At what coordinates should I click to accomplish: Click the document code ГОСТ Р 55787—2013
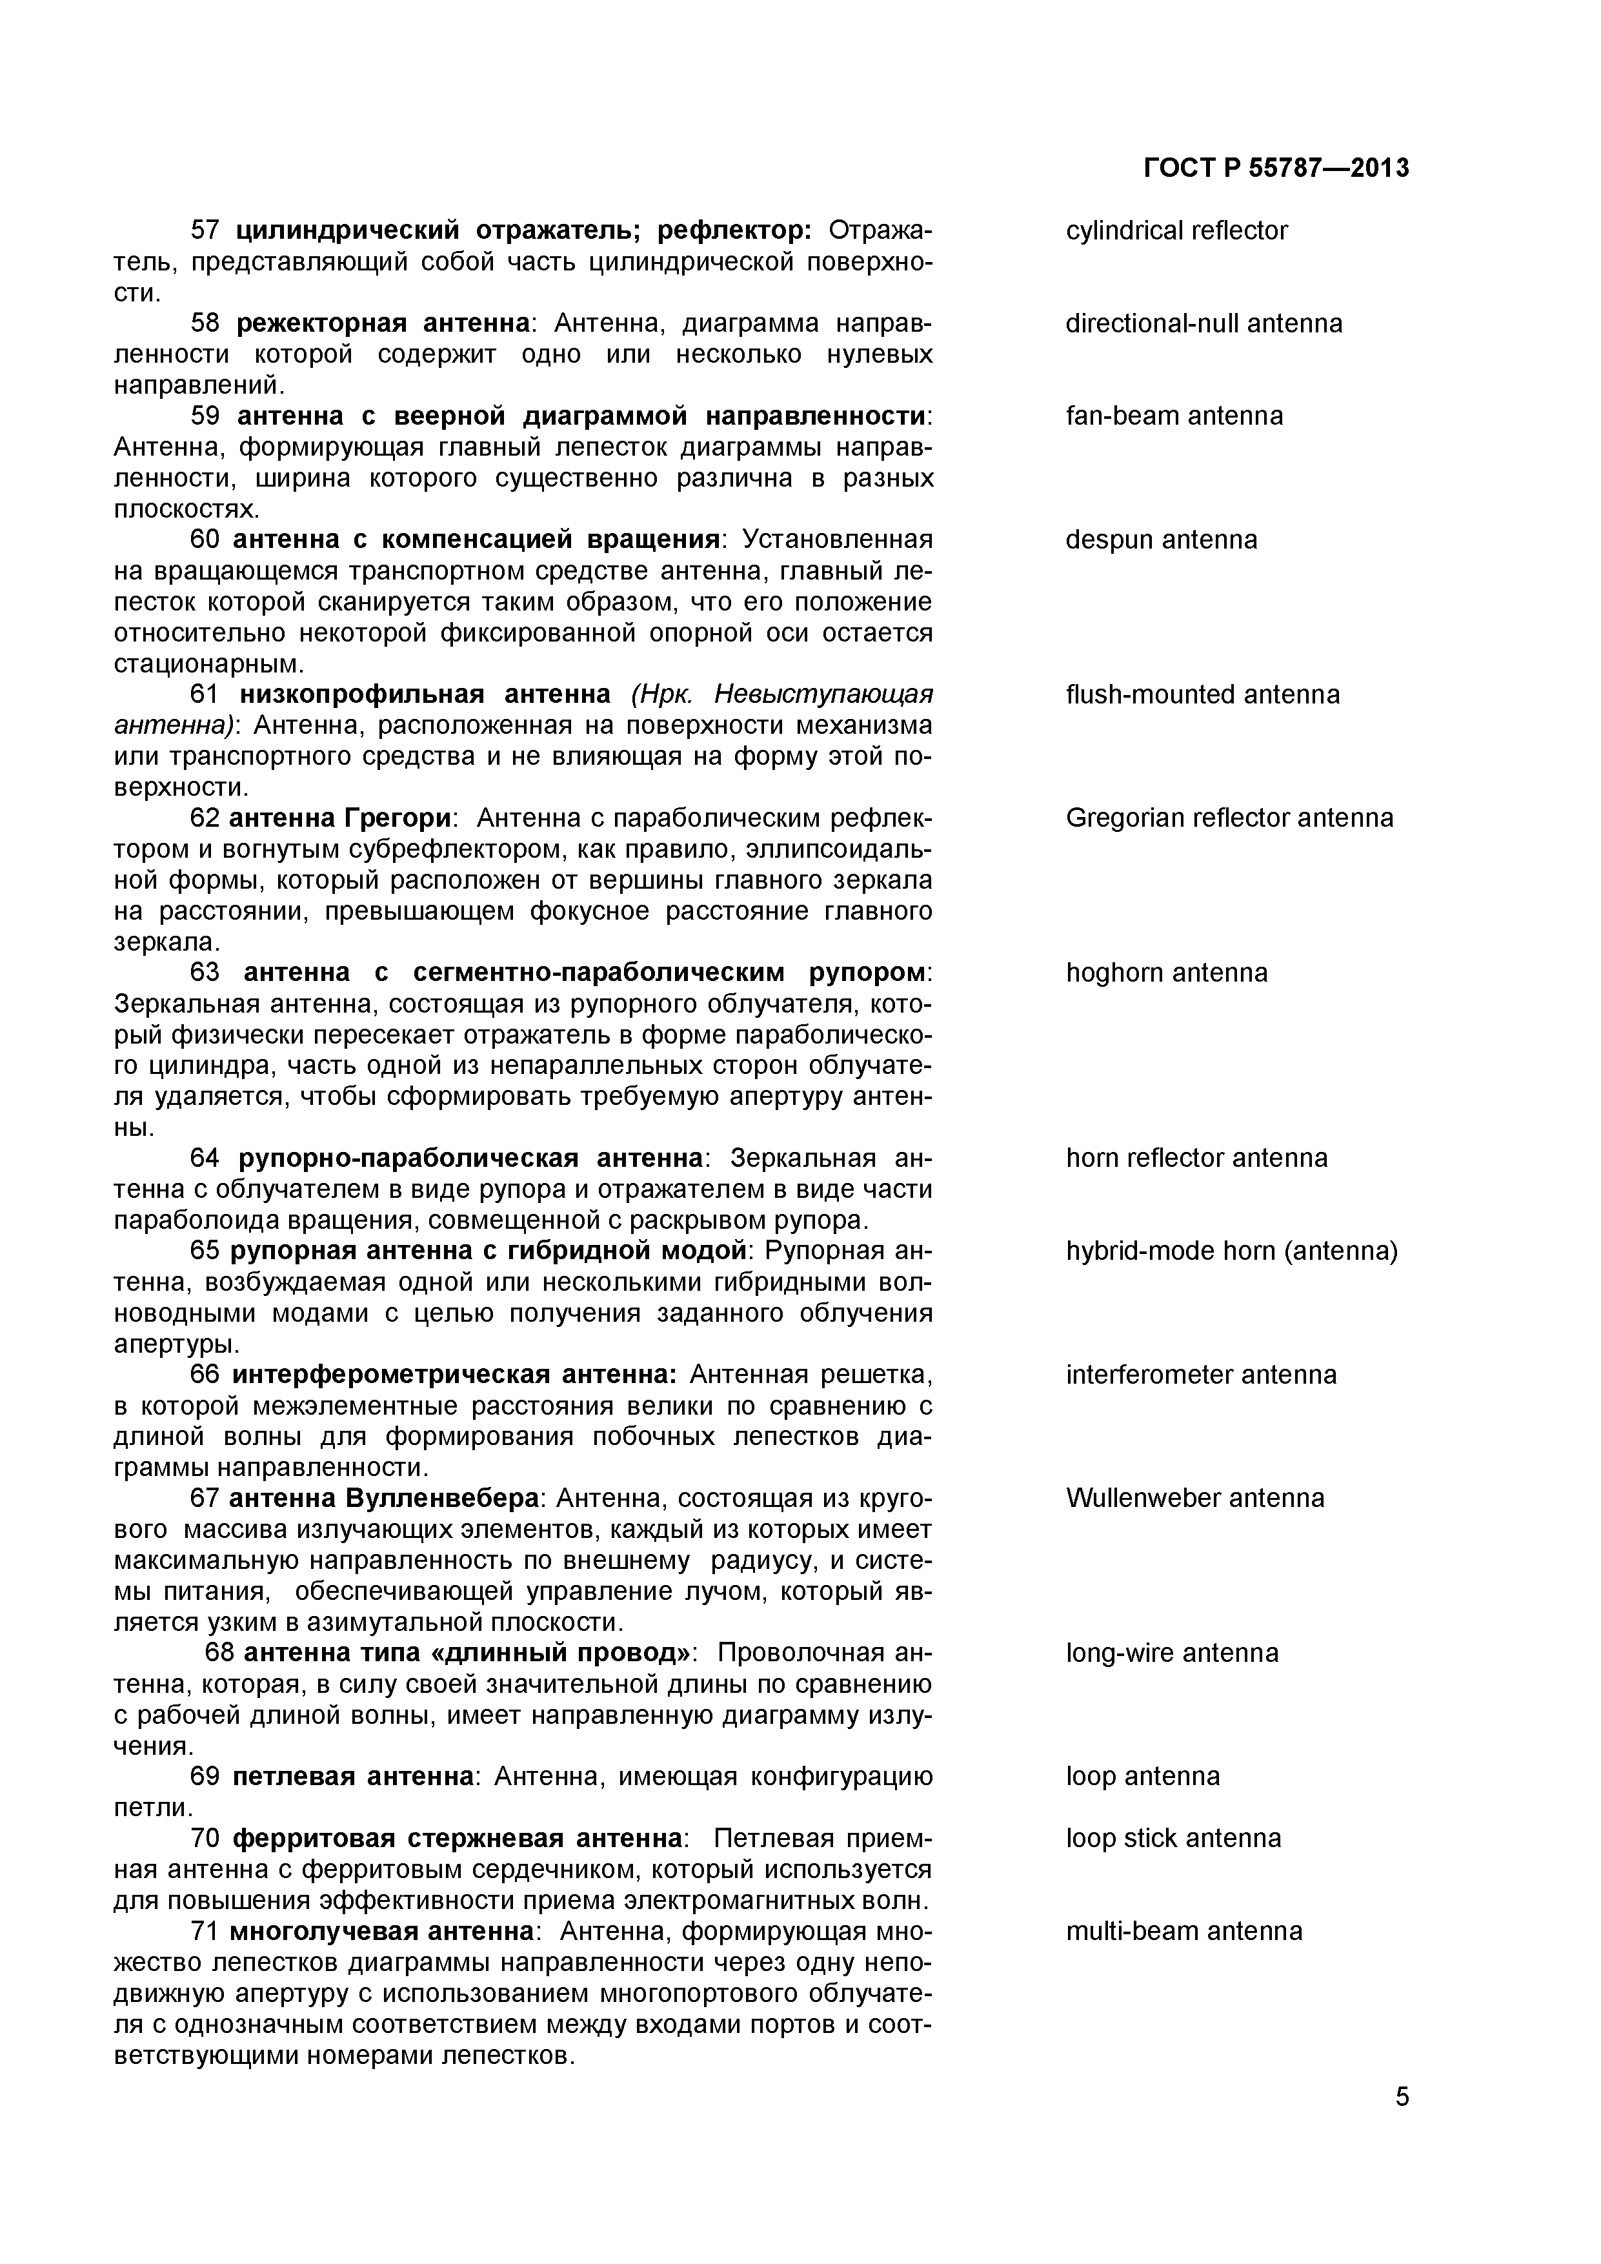coord(1276,168)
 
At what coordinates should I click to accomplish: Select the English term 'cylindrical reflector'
coord(1176,231)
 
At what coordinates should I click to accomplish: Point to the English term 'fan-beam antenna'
coord(1174,416)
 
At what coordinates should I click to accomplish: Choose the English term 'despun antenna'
coord(1162,540)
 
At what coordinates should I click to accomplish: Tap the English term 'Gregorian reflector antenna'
coord(1229,818)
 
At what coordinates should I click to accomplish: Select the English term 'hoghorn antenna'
coord(1166,973)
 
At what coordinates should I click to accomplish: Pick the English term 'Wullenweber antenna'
coord(1195,1499)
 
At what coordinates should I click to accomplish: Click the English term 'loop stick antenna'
coord(1173,1839)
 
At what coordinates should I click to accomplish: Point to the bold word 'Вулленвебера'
coord(443,1499)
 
